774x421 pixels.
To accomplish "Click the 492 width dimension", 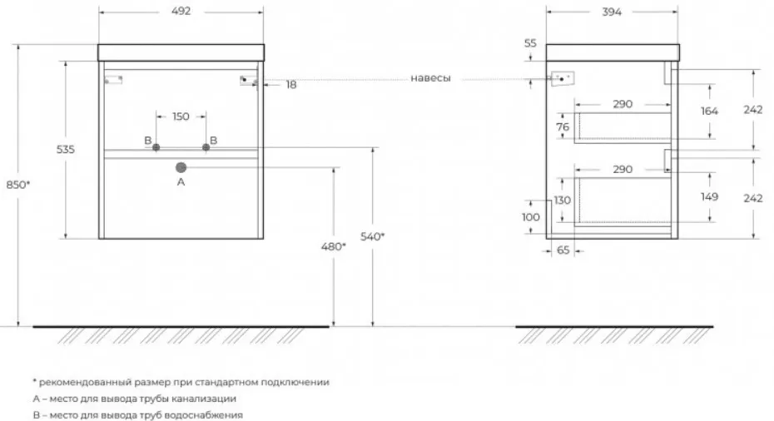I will click(181, 12).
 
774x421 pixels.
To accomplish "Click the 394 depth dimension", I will click(612, 12).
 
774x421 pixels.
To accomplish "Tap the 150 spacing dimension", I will click(181, 116).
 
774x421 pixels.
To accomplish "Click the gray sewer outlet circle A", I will click(181, 167).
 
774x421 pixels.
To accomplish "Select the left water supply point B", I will click(156, 146).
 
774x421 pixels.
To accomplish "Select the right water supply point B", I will click(206, 146).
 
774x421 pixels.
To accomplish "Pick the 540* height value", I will click(372, 236).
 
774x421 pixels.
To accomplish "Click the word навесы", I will click(430, 78).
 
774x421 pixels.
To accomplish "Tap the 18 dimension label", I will click(291, 84).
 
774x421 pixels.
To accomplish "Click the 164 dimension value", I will click(709, 111).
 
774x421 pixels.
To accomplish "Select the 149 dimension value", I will click(709, 197).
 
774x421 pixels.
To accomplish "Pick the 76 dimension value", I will click(562, 126).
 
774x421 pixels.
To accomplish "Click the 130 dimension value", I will click(562, 201).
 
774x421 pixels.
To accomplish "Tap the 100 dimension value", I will click(530, 217).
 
